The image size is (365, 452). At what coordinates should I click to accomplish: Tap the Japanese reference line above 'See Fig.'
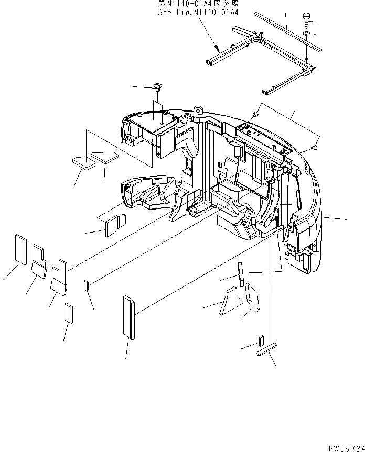tap(198, 4)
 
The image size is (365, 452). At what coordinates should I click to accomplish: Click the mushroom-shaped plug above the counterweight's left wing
tap(157, 85)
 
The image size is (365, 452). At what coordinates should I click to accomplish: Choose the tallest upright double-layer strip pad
tap(128, 318)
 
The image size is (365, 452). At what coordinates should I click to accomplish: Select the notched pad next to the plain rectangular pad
tap(39, 259)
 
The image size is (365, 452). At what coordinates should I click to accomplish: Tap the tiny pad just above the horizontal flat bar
tap(261, 341)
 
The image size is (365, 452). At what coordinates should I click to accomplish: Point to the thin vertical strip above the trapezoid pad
tap(241, 274)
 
